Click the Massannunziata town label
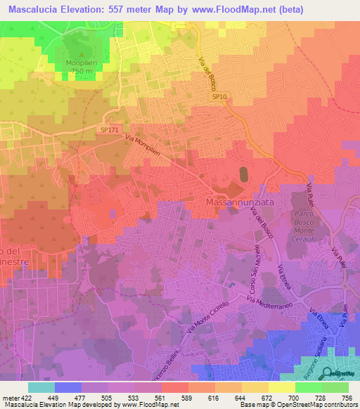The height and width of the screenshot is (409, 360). coord(240,202)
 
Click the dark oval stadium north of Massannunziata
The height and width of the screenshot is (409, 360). coord(244,174)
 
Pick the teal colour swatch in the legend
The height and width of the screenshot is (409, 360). coord(41,387)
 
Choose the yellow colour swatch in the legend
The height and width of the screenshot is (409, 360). coord(281,387)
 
